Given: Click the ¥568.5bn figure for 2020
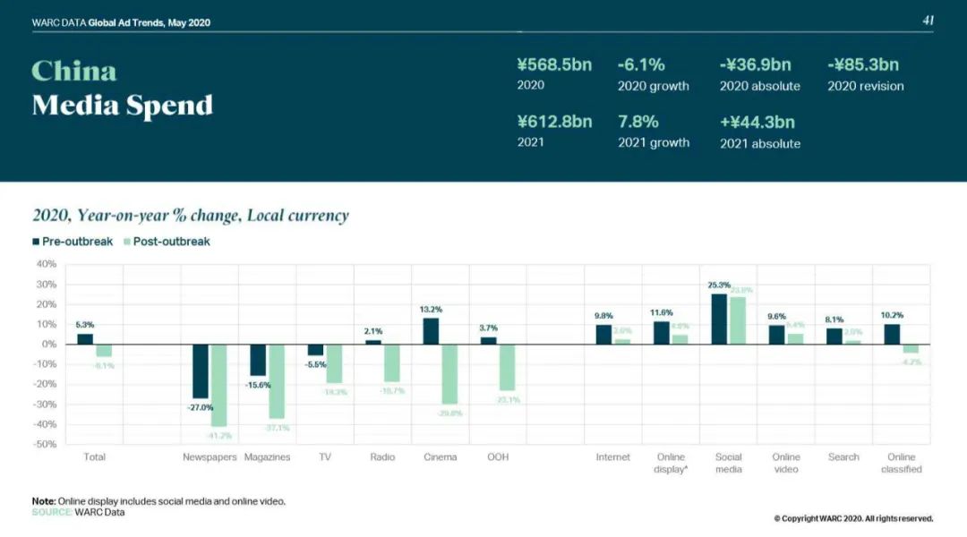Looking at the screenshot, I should click(x=554, y=65).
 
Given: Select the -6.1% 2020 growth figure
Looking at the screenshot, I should click(x=641, y=65).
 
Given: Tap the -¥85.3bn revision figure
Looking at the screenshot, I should click(x=863, y=65).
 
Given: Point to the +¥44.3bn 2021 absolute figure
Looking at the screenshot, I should click(x=757, y=122).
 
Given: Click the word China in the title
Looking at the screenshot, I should click(x=74, y=72).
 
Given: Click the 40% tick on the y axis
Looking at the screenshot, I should click(x=47, y=264).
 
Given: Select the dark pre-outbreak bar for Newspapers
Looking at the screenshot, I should click(x=201, y=371).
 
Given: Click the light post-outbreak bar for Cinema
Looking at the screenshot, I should click(x=449, y=374).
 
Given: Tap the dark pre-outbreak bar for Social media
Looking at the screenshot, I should click(x=719, y=319).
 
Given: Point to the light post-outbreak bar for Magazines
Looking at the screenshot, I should click(x=277, y=381).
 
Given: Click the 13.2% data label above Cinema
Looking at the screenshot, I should click(x=431, y=310).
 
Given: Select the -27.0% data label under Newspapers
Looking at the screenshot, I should click(x=201, y=407).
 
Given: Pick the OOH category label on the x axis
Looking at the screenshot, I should click(x=498, y=457).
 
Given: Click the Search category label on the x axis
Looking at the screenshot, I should click(x=843, y=457).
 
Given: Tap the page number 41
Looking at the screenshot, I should click(x=928, y=21).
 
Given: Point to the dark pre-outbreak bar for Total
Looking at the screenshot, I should click(x=85, y=338).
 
